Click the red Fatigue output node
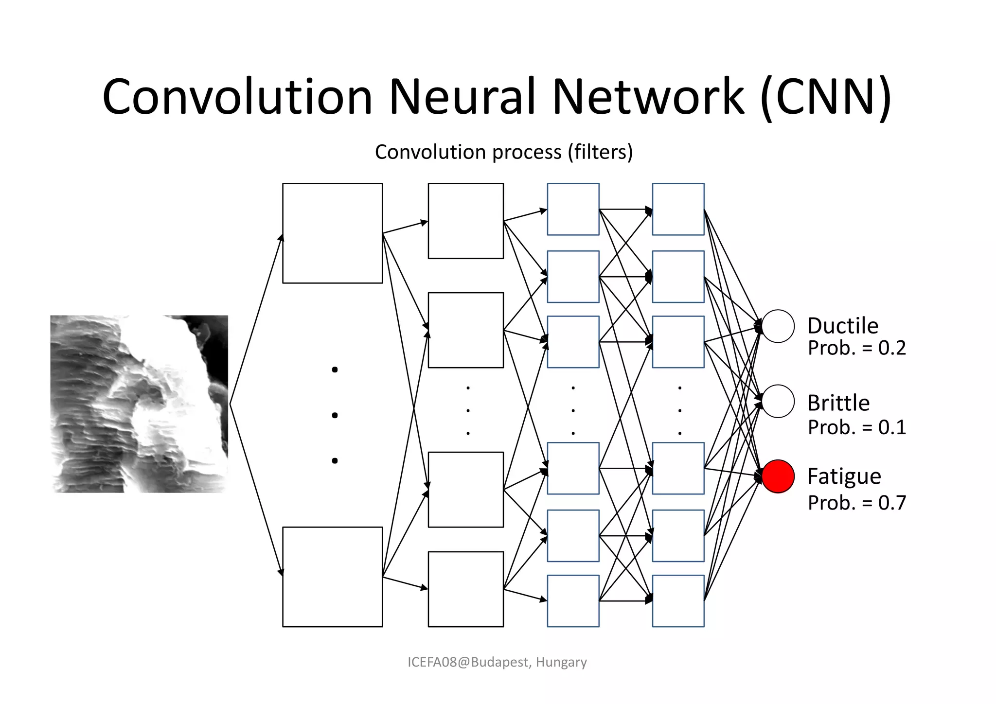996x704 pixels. click(778, 476)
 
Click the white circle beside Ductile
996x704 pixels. click(778, 326)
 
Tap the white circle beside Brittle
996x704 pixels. click(778, 401)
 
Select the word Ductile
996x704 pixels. click(843, 326)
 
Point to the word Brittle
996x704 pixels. click(838, 403)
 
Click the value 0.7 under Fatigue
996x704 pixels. click(892, 503)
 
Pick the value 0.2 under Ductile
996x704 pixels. click(892, 348)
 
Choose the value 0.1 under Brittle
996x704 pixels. click(892, 427)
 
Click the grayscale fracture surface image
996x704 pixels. click(139, 404)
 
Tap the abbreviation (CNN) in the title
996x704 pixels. click(826, 97)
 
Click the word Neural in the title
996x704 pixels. click(462, 97)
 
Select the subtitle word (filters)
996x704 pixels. click(600, 152)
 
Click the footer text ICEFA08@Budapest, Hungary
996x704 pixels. click(497, 662)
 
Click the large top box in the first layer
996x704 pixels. click(333, 233)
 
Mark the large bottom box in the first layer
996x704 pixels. click(333, 577)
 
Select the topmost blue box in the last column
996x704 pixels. click(678, 210)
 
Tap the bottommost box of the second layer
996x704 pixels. click(465, 589)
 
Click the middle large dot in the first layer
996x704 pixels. click(335, 415)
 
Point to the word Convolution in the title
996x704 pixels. click(237, 97)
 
